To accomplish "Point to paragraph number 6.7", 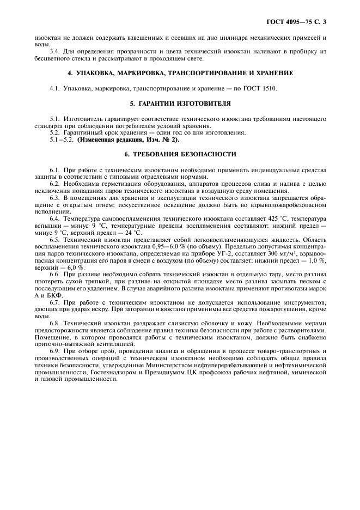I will tap(55, 301).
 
